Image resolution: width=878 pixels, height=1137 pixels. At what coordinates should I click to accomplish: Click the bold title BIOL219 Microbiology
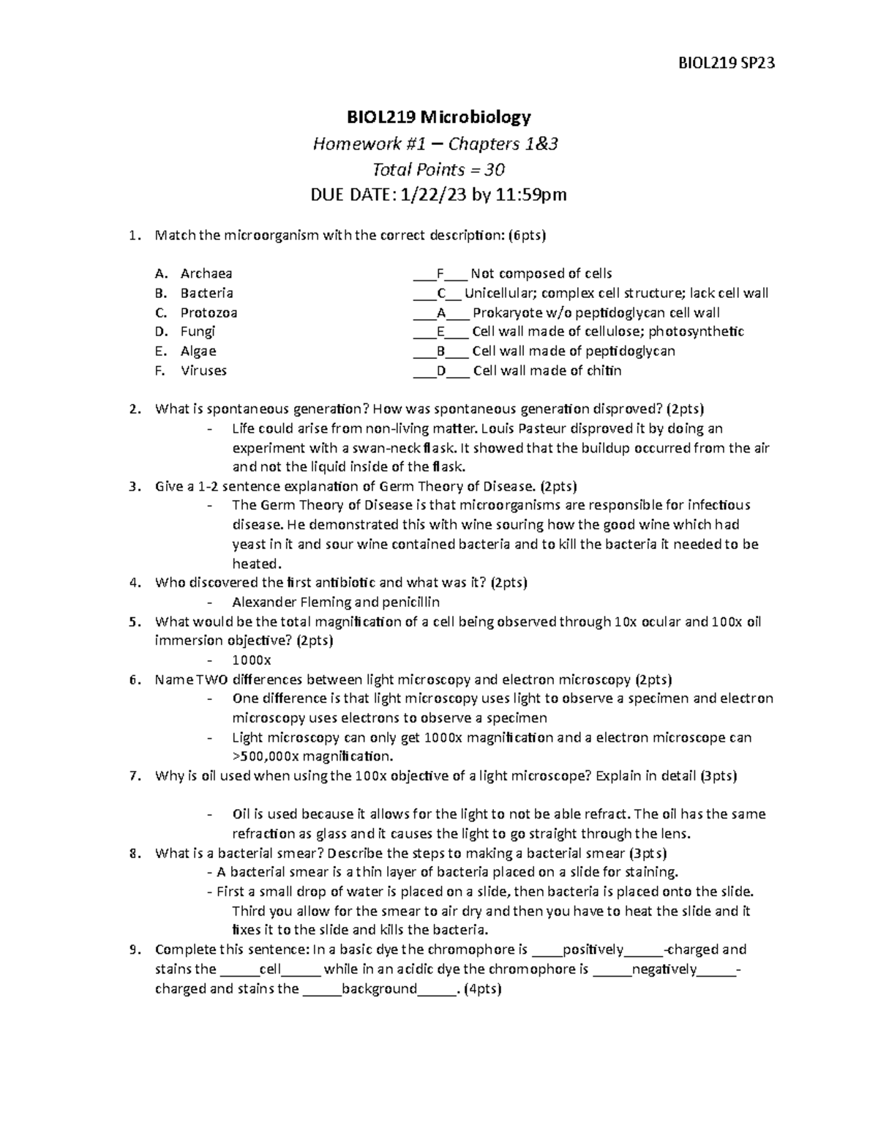pyautogui.click(x=438, y=116)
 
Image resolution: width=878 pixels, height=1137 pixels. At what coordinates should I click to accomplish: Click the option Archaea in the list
pyautogui.click(x=206, y=274)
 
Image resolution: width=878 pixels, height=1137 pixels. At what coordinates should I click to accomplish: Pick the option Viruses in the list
pyautogui.click(x=203, y=370)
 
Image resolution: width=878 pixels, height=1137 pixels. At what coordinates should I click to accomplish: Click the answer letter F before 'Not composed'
pyautogui.click(x=440, y=274)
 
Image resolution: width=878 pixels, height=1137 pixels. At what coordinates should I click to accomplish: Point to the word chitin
pyautogui.click(x=604, y=370)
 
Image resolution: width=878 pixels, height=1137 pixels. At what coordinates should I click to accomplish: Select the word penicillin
pyautogui.click(x=409, y=603)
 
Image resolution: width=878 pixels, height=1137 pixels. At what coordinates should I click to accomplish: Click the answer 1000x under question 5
pyautogui.click(x=252, y=660)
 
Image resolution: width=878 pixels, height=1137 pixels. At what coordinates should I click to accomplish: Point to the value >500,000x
pyautogui.click(x=266, y=756)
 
